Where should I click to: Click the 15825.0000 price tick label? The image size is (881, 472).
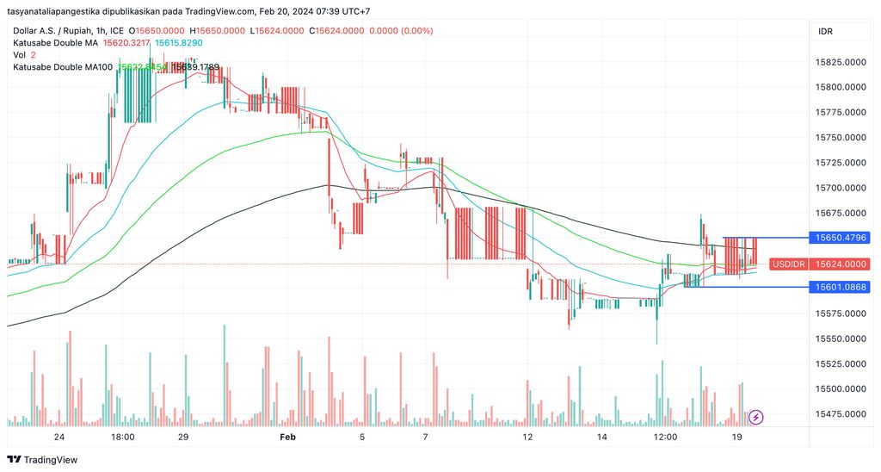(840, 62)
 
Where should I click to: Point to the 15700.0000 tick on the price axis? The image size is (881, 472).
(840, 188)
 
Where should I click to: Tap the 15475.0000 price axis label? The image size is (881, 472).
(840, 414)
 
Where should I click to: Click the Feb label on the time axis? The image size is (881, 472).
(287, 437)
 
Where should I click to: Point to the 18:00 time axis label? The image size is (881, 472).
(123, 437)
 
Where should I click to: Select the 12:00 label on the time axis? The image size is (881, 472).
(664, 437)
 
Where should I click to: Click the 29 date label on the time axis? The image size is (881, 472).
(183, 437)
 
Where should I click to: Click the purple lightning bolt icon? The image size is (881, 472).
(756, 417)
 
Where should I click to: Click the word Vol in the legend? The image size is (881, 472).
(20, 54)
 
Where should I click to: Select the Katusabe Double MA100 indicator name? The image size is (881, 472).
(63, 66)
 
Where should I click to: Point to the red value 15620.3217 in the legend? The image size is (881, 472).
(126, 42)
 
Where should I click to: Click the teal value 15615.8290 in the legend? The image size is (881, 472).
(179, 42)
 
